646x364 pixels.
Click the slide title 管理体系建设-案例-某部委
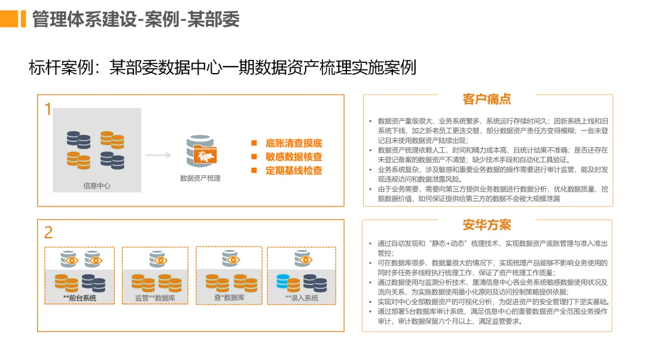coord(136,19)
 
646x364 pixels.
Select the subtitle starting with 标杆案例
coord(222,67)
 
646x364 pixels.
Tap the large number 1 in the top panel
coord(48,110)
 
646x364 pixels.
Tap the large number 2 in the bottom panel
coord(48,232)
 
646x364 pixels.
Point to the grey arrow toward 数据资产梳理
coord(159,155)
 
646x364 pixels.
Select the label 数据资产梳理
coord(200,178)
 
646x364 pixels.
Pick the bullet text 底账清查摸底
coord(294,143)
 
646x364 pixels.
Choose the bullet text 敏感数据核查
coord(294,157)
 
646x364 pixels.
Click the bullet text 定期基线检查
coord(294,171)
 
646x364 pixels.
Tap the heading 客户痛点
coord(487,99)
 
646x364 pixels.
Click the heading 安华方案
coord(487,225)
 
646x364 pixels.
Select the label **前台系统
coord(80,298)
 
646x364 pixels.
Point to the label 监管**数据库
coord(155,298)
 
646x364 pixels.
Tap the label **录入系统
coord(301,298)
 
